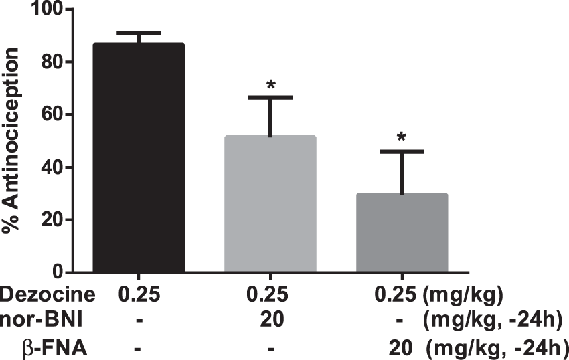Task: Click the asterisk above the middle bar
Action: [x=271, y=85]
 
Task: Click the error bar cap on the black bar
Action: [x=139, y=33]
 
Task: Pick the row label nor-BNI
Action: [x=42, y=321]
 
